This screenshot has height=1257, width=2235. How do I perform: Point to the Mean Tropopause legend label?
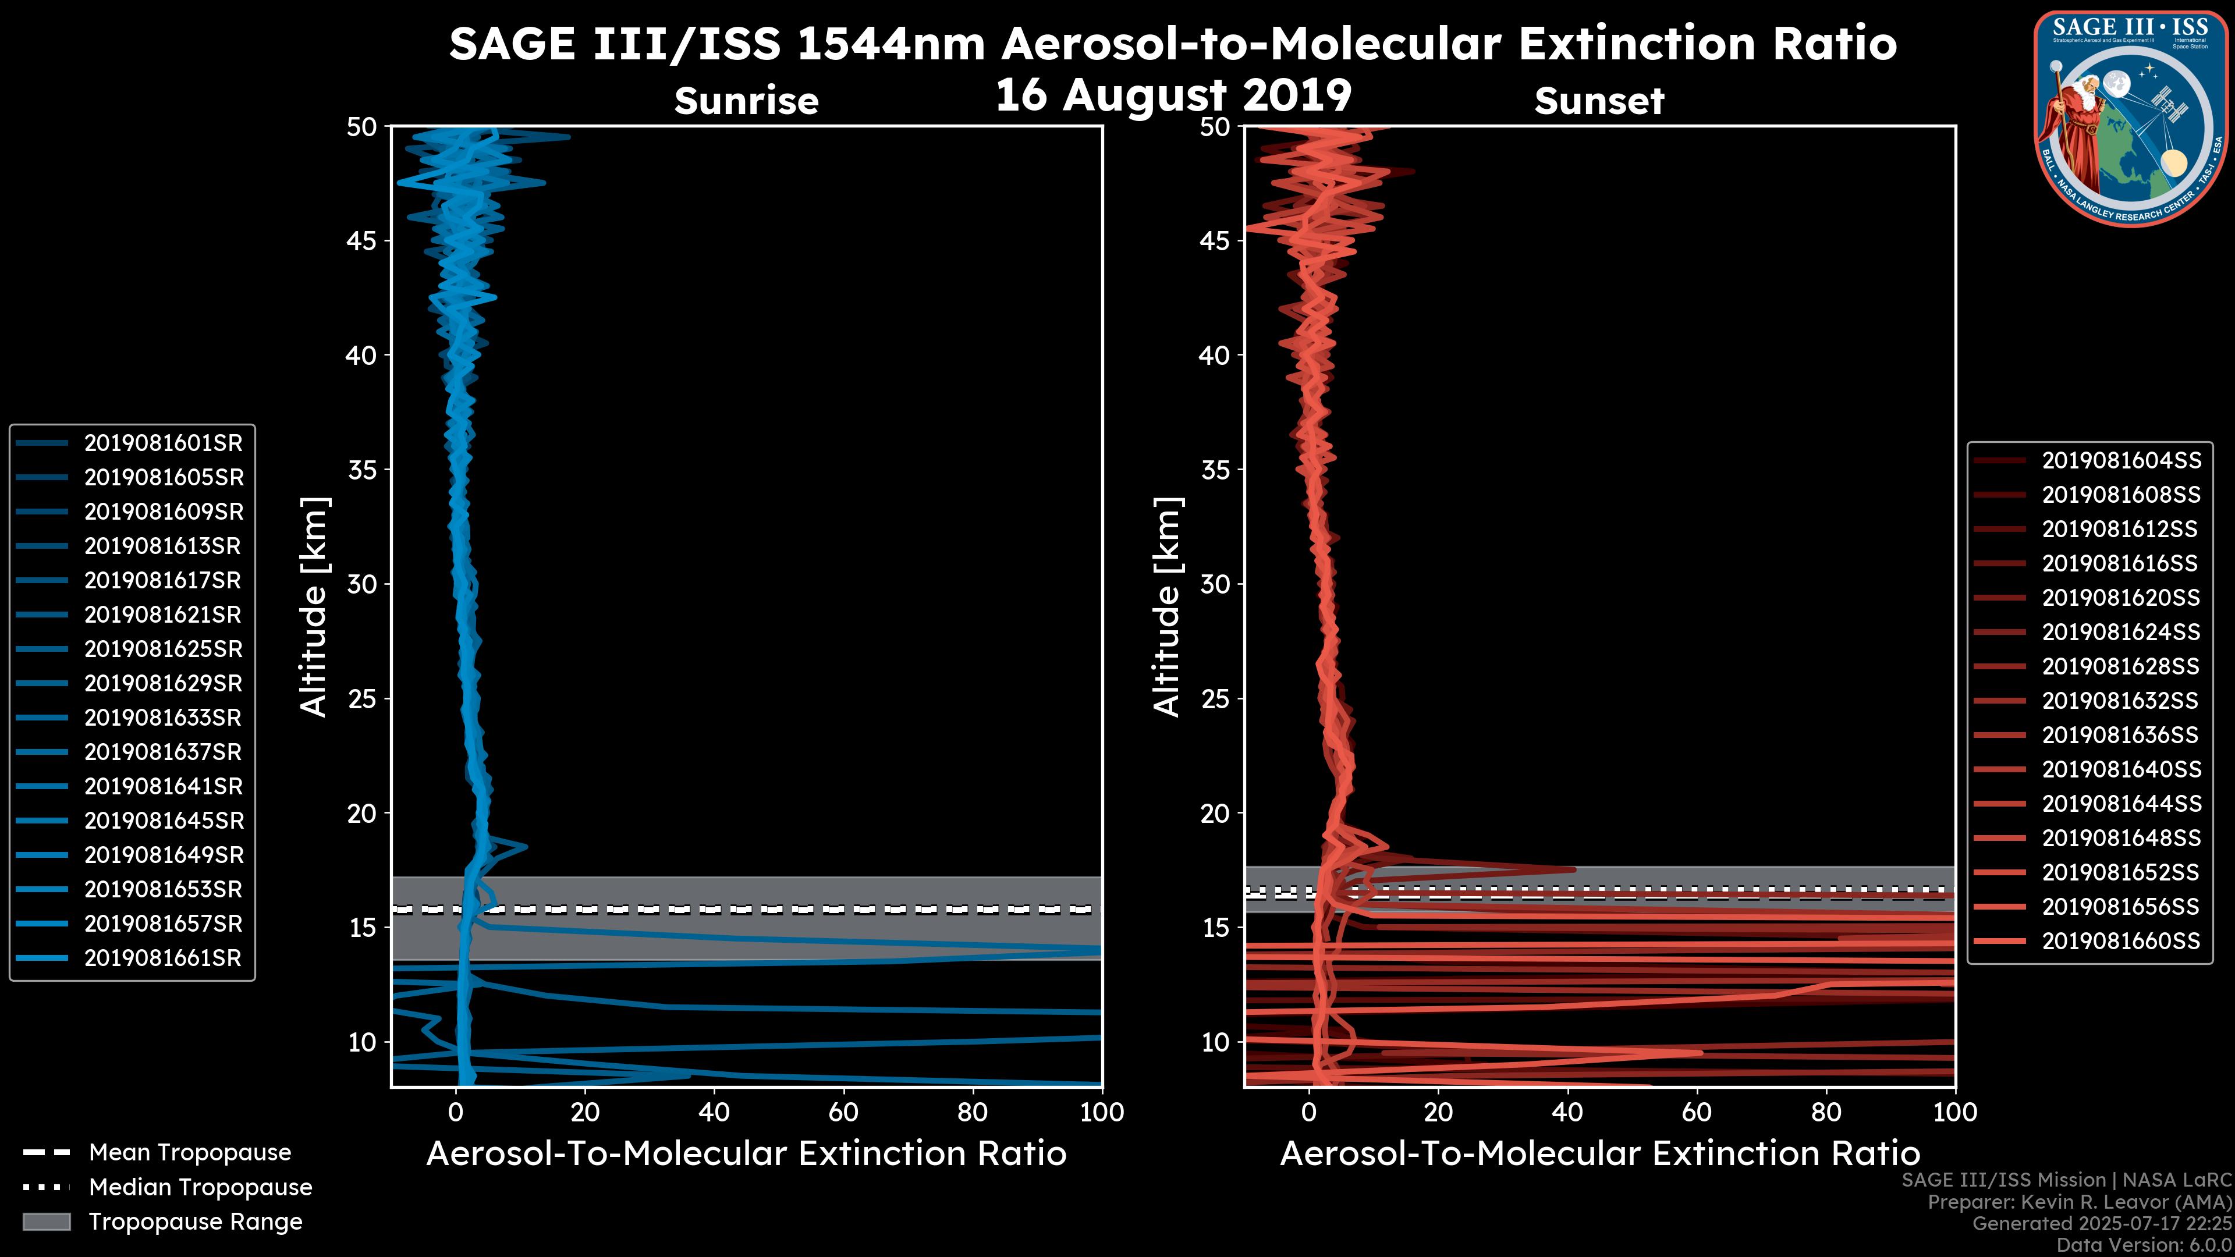click(190, 1153)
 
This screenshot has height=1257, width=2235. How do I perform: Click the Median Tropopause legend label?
click(200, 1188)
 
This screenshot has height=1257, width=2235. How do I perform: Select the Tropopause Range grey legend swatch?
click(46, 1222)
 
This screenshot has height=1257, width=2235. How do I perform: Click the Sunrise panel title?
click(746, 101)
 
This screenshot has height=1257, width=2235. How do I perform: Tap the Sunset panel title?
click(1599, 101)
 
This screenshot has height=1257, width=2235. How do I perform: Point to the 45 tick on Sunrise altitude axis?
click(362, 240)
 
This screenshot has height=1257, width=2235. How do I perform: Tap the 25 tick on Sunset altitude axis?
click(1215, 698)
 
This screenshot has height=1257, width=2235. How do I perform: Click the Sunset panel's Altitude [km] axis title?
click(1167, 606)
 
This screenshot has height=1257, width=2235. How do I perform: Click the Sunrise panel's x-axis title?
click(746, 1154)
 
